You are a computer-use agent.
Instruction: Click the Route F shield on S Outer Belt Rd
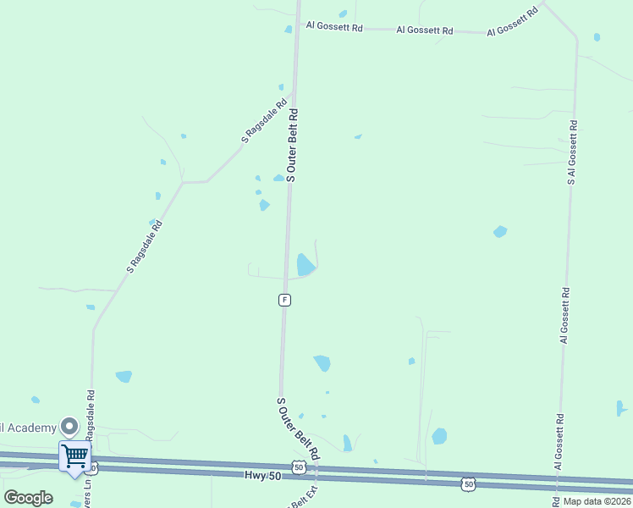click(285, 300)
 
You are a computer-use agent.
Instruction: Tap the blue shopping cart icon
click(74, 455)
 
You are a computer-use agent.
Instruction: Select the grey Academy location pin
click(69, 428)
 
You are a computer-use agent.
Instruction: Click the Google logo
click(28, 497)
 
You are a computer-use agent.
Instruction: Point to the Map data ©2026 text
click(596, 500)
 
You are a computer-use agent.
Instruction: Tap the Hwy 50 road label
click(261, 477)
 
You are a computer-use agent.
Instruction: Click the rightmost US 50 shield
click(468, 483)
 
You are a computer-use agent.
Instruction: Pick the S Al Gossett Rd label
click(572, 152)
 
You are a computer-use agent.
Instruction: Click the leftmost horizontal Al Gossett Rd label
click(334, 27)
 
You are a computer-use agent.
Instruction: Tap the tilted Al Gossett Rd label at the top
click(513, 23)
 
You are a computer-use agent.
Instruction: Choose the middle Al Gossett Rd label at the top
click(425, 30)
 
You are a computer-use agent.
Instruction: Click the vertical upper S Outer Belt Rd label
click(292, 145)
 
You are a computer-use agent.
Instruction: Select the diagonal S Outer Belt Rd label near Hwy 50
click(299, 429)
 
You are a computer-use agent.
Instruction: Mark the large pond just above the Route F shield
click(305, 265)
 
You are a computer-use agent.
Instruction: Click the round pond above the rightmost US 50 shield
click(439, 436)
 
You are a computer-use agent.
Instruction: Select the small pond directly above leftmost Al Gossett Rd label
click(343, 14)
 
